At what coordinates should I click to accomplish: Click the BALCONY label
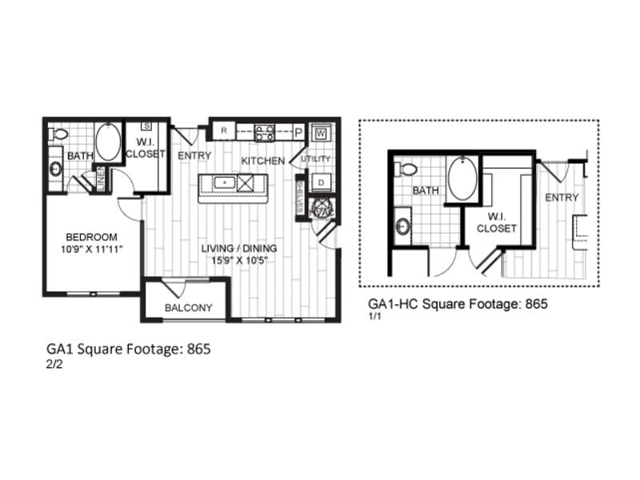pos(188,308)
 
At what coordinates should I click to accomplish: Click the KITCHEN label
pos(263,161)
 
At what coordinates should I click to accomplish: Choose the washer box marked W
pos(321,132)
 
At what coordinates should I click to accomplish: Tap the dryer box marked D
pos(320,182)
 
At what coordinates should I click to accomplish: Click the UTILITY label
pos(316,158)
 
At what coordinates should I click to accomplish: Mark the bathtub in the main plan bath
pos(108,142)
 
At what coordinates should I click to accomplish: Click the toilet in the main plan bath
pos(58,134)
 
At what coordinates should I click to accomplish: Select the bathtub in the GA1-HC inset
pos(462,178)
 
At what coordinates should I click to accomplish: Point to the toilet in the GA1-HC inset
pos(406,169)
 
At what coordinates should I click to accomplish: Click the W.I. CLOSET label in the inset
pos(497,222)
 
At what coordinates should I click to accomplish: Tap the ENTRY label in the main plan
pos(194,155)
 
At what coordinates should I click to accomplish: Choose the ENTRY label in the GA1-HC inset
pos(562,198)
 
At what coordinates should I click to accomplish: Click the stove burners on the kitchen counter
pos(265,131)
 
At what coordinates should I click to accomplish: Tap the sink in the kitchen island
pos(223,183)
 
